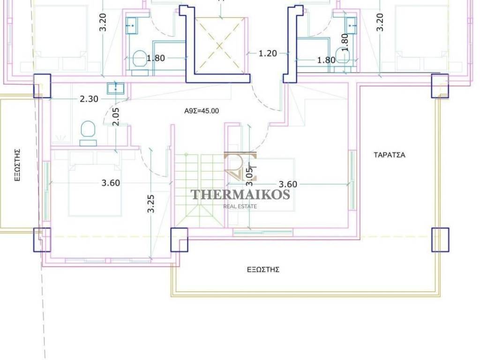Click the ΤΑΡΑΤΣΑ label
pyautogui.click(x=390, y=155)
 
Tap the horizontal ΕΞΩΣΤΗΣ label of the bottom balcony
pyautogui.click(x=263, y=270)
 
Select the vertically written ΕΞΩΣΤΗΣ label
pyautogui.click(x=18, y=165)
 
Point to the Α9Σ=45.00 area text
pyautogui.click(x=202, y=111)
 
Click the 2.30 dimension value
pyautogui.click(x=89, y=99)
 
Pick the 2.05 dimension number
pyautogui.click(x=116, y=117)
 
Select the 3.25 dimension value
pyautogui.click(x=151, y=203)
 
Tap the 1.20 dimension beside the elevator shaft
pyautogui.click(x=268, y=53)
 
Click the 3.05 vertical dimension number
pyautogui.click(x=250, y=177)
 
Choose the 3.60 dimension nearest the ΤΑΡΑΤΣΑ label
pyautogui.click(x=288, y=184)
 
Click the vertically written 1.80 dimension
pyautogui.click(x=345, y=42)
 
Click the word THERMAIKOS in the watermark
pyautogui.click(x=240, y=195)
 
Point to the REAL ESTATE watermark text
pyautogui.click(x=240, y=206)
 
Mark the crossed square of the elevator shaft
pyautogui.click(x=220, y=46)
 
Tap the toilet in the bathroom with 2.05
pyautogui.click(x=88, y=133)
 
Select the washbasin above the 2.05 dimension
pyautogui.click(x=115, y=88)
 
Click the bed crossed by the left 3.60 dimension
pyautogui.click(x=95, y=183)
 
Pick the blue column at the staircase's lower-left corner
pyautogui.click(x=179, y=240)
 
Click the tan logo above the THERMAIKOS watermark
pyautogui.click(x=240, y=167)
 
